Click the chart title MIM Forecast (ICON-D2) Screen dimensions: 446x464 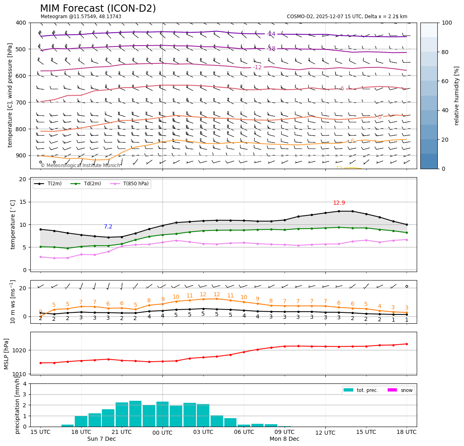[98, 8]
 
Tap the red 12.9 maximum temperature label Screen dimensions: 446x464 [339, 203]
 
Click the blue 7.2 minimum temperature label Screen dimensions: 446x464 [108, 227]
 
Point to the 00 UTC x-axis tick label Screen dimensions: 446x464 [162, 433]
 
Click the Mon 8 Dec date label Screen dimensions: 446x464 [285, 439]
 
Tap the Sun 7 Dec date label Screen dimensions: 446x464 [101, 439]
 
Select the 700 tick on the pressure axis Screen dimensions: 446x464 [21, 103]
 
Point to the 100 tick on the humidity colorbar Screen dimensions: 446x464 [447, 23]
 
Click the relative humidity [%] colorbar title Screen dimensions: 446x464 [457, 96]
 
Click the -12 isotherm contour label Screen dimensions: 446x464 [257, 67]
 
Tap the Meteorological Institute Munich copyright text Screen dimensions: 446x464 [80, 165]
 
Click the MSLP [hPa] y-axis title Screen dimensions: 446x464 [6, 354]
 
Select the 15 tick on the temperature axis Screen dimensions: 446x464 [23, 202]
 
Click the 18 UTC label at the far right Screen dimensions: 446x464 [407, 432]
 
